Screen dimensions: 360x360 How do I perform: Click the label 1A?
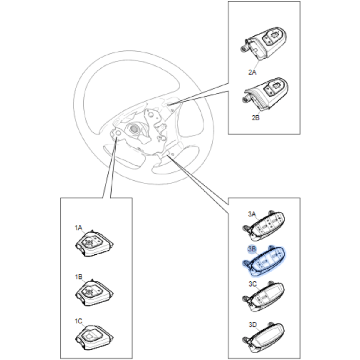pyautogui.click(x=78, y=228)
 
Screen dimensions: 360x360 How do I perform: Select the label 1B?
pyautogui.click(x=78, y=277)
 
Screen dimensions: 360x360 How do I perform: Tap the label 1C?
pyautogui.click(x=78, y=321)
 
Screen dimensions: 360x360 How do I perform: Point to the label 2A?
pyautogui.click(x=252, y=72)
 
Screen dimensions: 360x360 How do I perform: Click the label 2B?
pyautogui.click(x=255, y=118)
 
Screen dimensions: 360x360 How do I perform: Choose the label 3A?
pyautogui.click(x=252, y=214)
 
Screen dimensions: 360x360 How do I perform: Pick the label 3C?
pyautogui.click(x=252, y=284)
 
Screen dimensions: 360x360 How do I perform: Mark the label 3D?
pyautogui.click(x=252, y=325)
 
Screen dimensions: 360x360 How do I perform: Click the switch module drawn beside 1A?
pyautogui.click(x=94, y=245)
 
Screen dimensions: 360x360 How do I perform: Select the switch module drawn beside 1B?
pyautogui.click(x=94, y=293)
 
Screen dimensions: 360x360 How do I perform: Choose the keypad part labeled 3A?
pyautogui.click(x=264, y=227)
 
